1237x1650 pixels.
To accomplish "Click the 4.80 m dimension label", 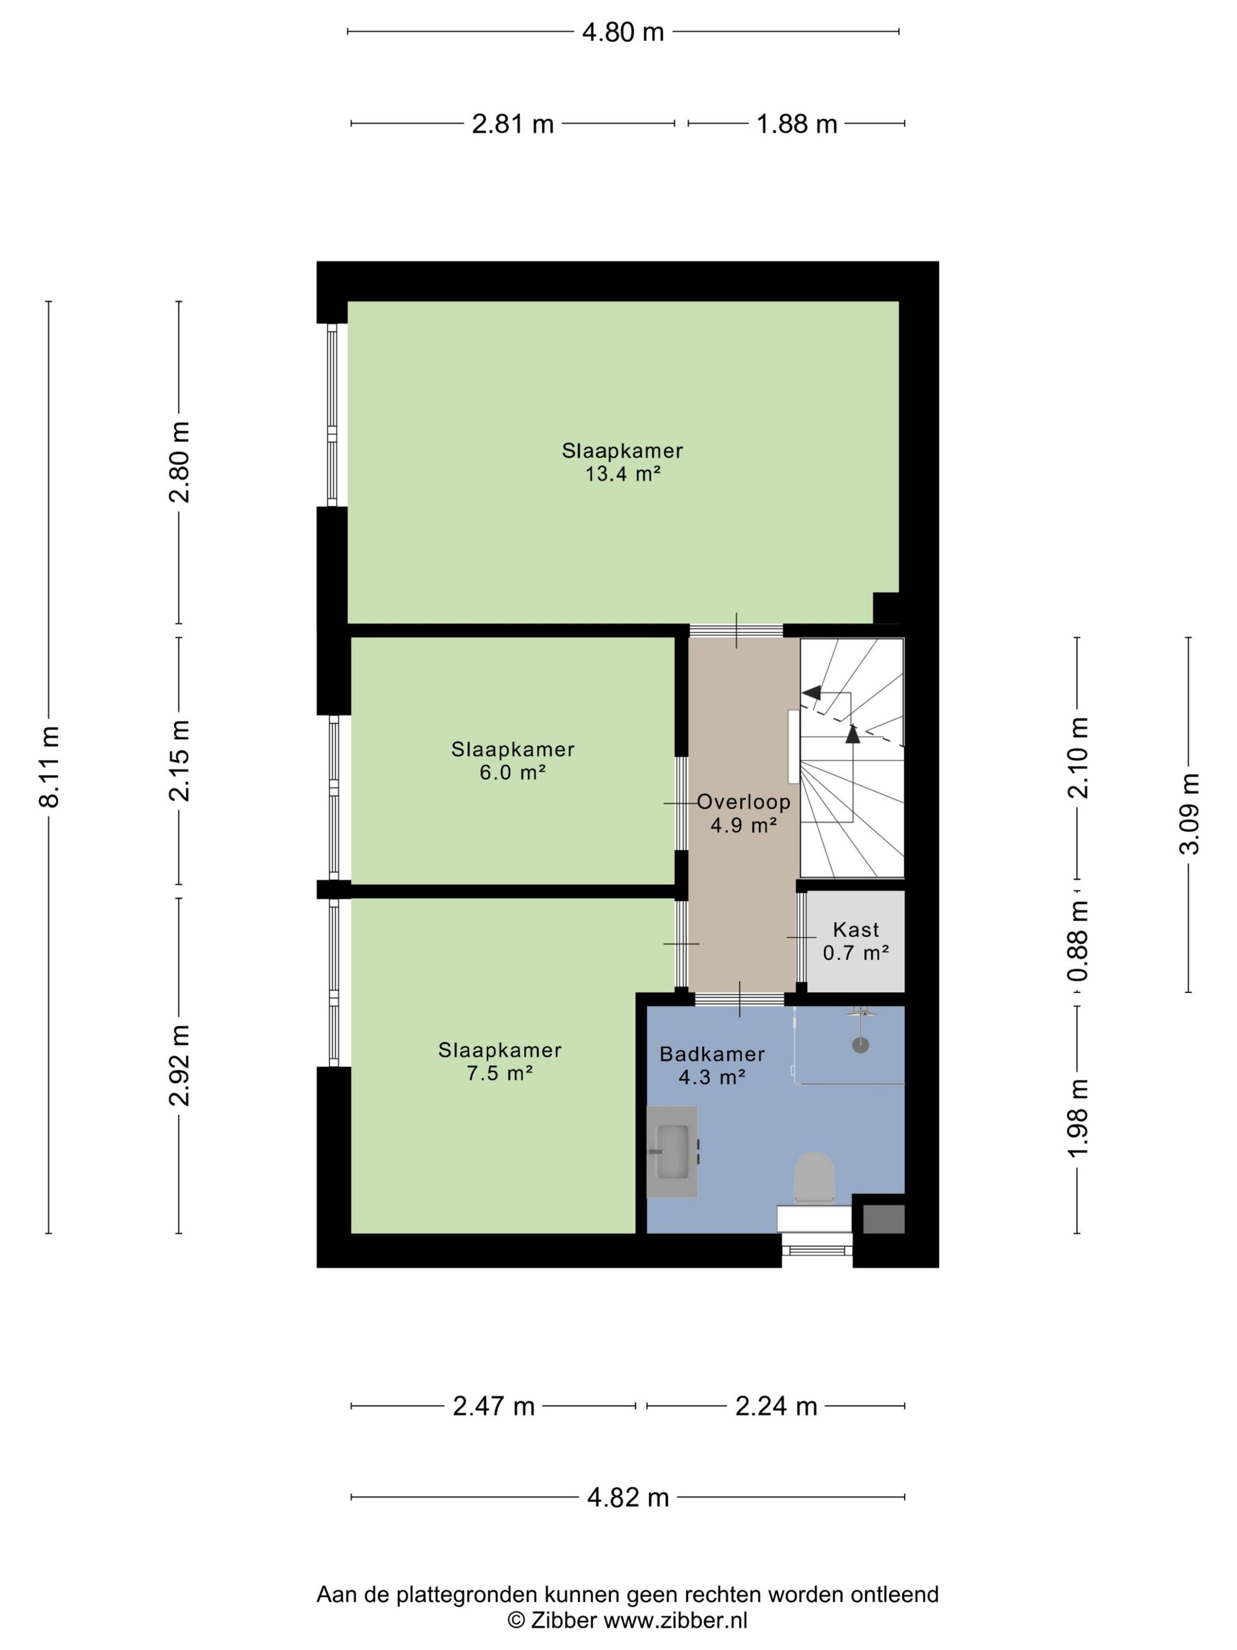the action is pos(623,32).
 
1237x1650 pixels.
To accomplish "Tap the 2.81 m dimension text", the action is pos(513,124).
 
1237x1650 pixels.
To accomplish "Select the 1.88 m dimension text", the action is pos(797,124).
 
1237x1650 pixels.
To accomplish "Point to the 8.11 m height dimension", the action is pos(49,766).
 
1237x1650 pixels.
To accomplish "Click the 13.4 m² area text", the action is pos(623,474).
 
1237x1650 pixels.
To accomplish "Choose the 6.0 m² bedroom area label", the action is pos(513,772).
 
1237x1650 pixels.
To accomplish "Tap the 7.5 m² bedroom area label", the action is pos(500,1074).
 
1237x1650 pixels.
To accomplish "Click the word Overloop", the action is pos(743,802).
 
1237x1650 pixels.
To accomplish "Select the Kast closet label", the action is pos(856,929).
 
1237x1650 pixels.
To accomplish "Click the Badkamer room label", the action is pos(712,1054).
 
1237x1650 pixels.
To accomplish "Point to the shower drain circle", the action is pos(861,1046).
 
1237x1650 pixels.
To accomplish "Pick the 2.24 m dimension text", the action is pos(776,1406).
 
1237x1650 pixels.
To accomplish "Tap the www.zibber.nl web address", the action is pos(675,1620).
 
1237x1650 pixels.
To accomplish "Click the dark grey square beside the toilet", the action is pos(884,1219).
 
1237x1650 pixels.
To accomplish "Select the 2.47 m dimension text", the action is pos(494,1406).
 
